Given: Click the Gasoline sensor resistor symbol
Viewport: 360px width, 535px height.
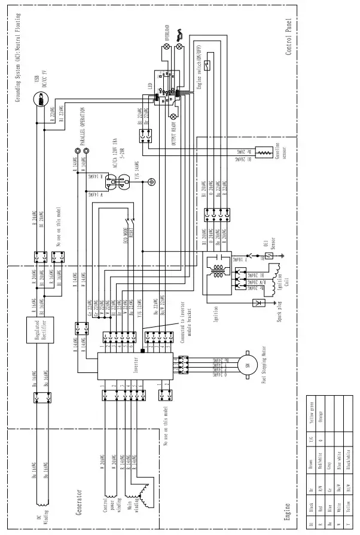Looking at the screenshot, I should coord(262,154).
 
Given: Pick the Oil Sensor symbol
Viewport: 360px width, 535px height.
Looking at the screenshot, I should coord(270,255).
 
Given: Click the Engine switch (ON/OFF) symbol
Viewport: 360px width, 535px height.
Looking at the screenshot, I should coord(208,65).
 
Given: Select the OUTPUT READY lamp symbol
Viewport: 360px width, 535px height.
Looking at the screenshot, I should coord(174,115).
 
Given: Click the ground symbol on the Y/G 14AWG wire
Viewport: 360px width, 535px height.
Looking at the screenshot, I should coord(152,180).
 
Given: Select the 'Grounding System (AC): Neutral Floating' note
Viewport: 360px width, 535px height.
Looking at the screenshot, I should coord(17,60).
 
